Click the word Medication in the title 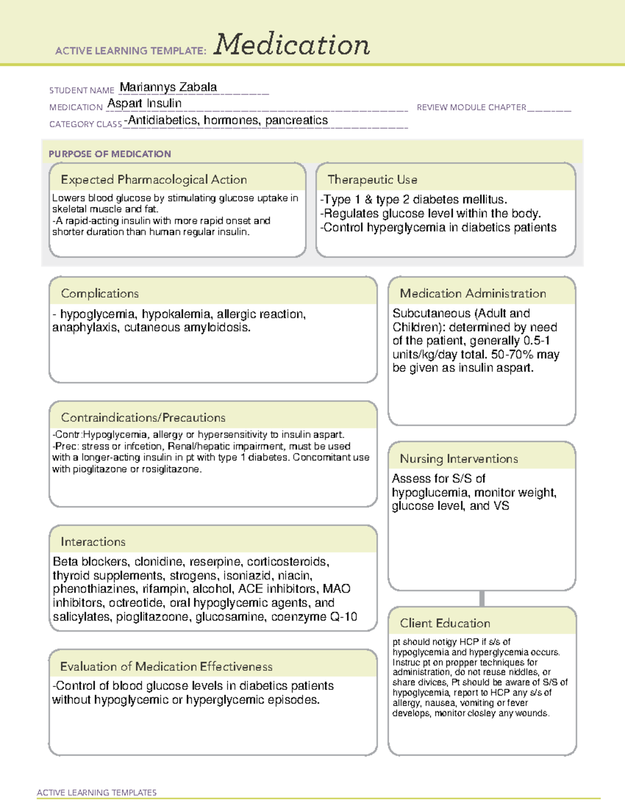click(x=291, y=45)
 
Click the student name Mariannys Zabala click(x=168, y=87)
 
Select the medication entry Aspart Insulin click(x=144, y=104)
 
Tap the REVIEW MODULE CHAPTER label click(x=471, y=107)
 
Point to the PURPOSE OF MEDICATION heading click(x=109, y=154)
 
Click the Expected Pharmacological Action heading click(x=154, y=180)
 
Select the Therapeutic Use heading click(x=372, y=180)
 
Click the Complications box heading click(x=99, y=293)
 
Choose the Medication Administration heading click(x=472, y=293)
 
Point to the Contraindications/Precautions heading click(x=143, y=418)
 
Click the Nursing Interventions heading click(x=458, y=459)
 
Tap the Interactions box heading click(x=93, y=542)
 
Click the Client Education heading click(x=445, y=623)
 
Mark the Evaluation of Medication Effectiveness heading click(x=166, y=667)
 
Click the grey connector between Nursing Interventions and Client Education click(x=482, y=598)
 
